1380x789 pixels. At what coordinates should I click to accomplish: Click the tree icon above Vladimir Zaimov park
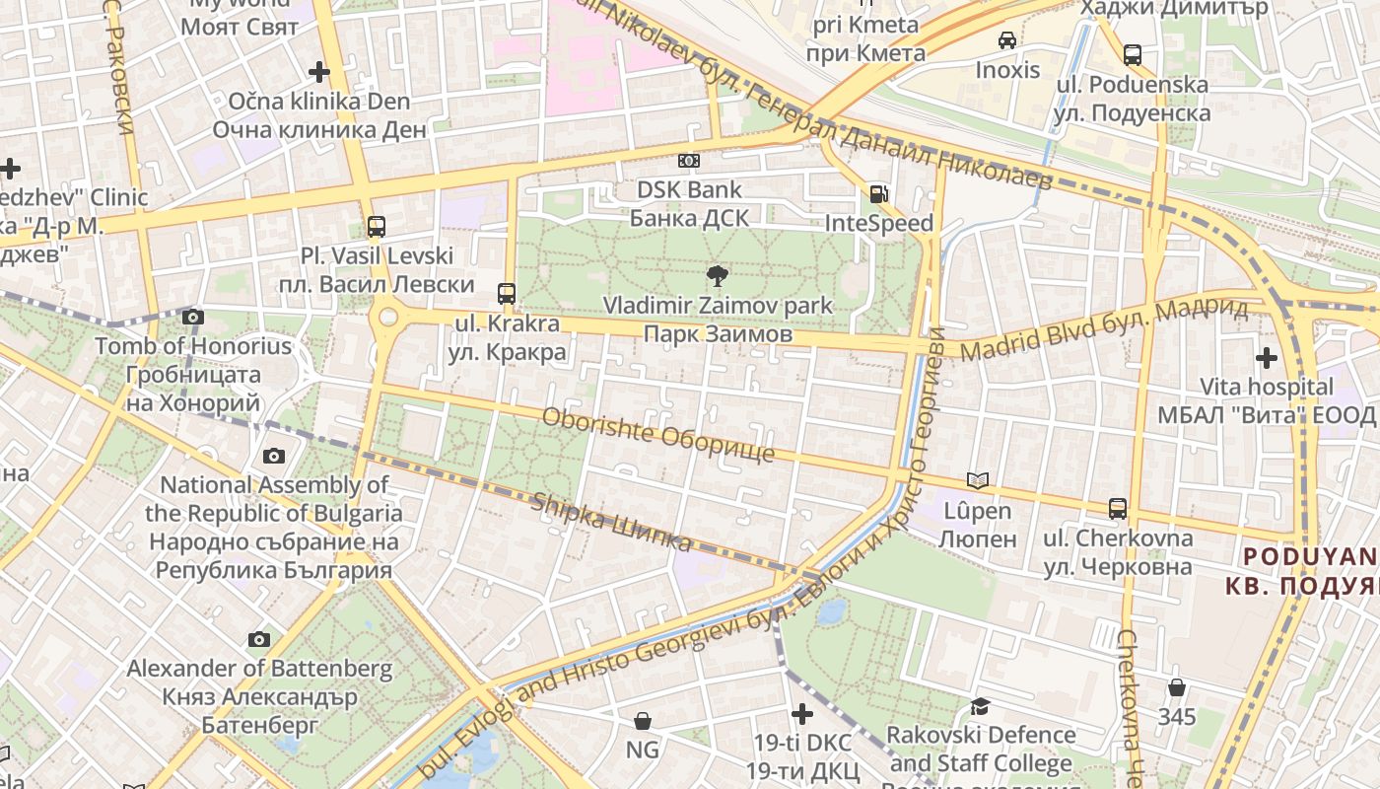717,276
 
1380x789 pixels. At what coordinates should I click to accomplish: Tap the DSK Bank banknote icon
689,160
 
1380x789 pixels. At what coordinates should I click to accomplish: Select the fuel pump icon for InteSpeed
877,194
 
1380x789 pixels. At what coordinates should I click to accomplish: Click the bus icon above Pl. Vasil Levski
377,227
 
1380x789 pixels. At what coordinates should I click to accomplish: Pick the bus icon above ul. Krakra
507,293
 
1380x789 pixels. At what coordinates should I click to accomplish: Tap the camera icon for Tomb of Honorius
193,317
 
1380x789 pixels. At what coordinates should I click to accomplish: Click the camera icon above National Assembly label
273,456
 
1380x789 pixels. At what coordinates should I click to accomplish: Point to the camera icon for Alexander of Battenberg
259,639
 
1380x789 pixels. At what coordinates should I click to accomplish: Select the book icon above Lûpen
978,480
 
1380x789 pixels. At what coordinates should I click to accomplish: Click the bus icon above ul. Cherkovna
1118,509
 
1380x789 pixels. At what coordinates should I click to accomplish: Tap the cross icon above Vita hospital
1267,357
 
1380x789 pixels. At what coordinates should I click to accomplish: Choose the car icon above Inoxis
1007,40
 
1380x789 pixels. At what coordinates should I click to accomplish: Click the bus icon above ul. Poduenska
1133,55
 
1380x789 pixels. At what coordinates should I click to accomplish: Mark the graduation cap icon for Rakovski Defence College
980,706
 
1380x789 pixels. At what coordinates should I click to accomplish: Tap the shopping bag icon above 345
1176,687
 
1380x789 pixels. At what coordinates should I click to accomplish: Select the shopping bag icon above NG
643,721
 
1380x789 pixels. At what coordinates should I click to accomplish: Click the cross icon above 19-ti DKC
802,713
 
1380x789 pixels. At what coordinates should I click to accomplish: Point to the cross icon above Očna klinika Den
318,71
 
